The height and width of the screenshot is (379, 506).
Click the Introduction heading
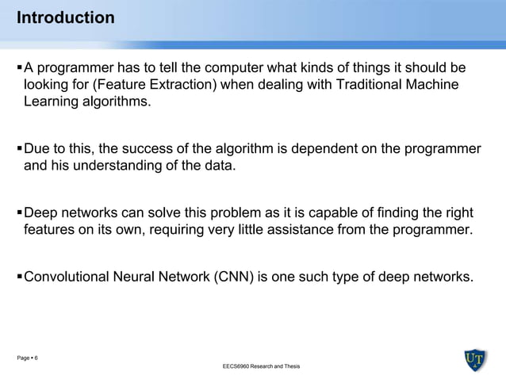tap(66, 17)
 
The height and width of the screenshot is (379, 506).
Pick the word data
tap(218, 167)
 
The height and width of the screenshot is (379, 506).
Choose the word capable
tap(357, 212)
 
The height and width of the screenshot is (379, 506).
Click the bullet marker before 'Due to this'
tap(19, 148)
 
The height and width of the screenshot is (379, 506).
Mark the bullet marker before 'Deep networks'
tap(19, 212)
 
